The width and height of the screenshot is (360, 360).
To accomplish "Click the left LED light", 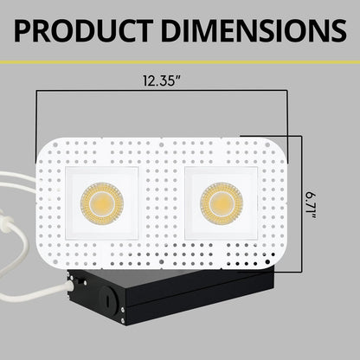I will (101, 202).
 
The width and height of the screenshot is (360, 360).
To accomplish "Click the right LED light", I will (222, 202).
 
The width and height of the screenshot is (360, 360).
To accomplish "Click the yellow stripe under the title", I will (180, 62).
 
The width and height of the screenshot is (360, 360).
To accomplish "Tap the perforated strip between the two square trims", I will (162, 202).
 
